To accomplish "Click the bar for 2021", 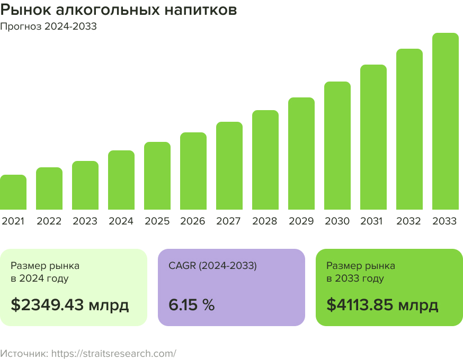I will coord(13,192).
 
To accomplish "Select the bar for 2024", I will coord(121,180).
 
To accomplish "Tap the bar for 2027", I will coord(229,166).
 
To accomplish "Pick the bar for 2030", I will coord(337,146).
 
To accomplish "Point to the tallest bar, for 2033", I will coord(446,121).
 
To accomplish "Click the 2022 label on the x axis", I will coord(49,221).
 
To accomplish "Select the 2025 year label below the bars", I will coord(157,221).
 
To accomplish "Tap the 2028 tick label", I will coord(265,221).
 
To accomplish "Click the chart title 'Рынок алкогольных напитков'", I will coord(119,11).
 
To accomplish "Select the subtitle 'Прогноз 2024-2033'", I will coord(48,26).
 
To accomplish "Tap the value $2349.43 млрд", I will coord(70,305).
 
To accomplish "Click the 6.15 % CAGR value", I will coord(191,305).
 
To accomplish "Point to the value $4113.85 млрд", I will coord(382,305).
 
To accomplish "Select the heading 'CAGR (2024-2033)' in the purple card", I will coord(212,266).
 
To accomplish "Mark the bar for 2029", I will coord(301,154).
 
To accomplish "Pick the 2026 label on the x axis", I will coord(193,221).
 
